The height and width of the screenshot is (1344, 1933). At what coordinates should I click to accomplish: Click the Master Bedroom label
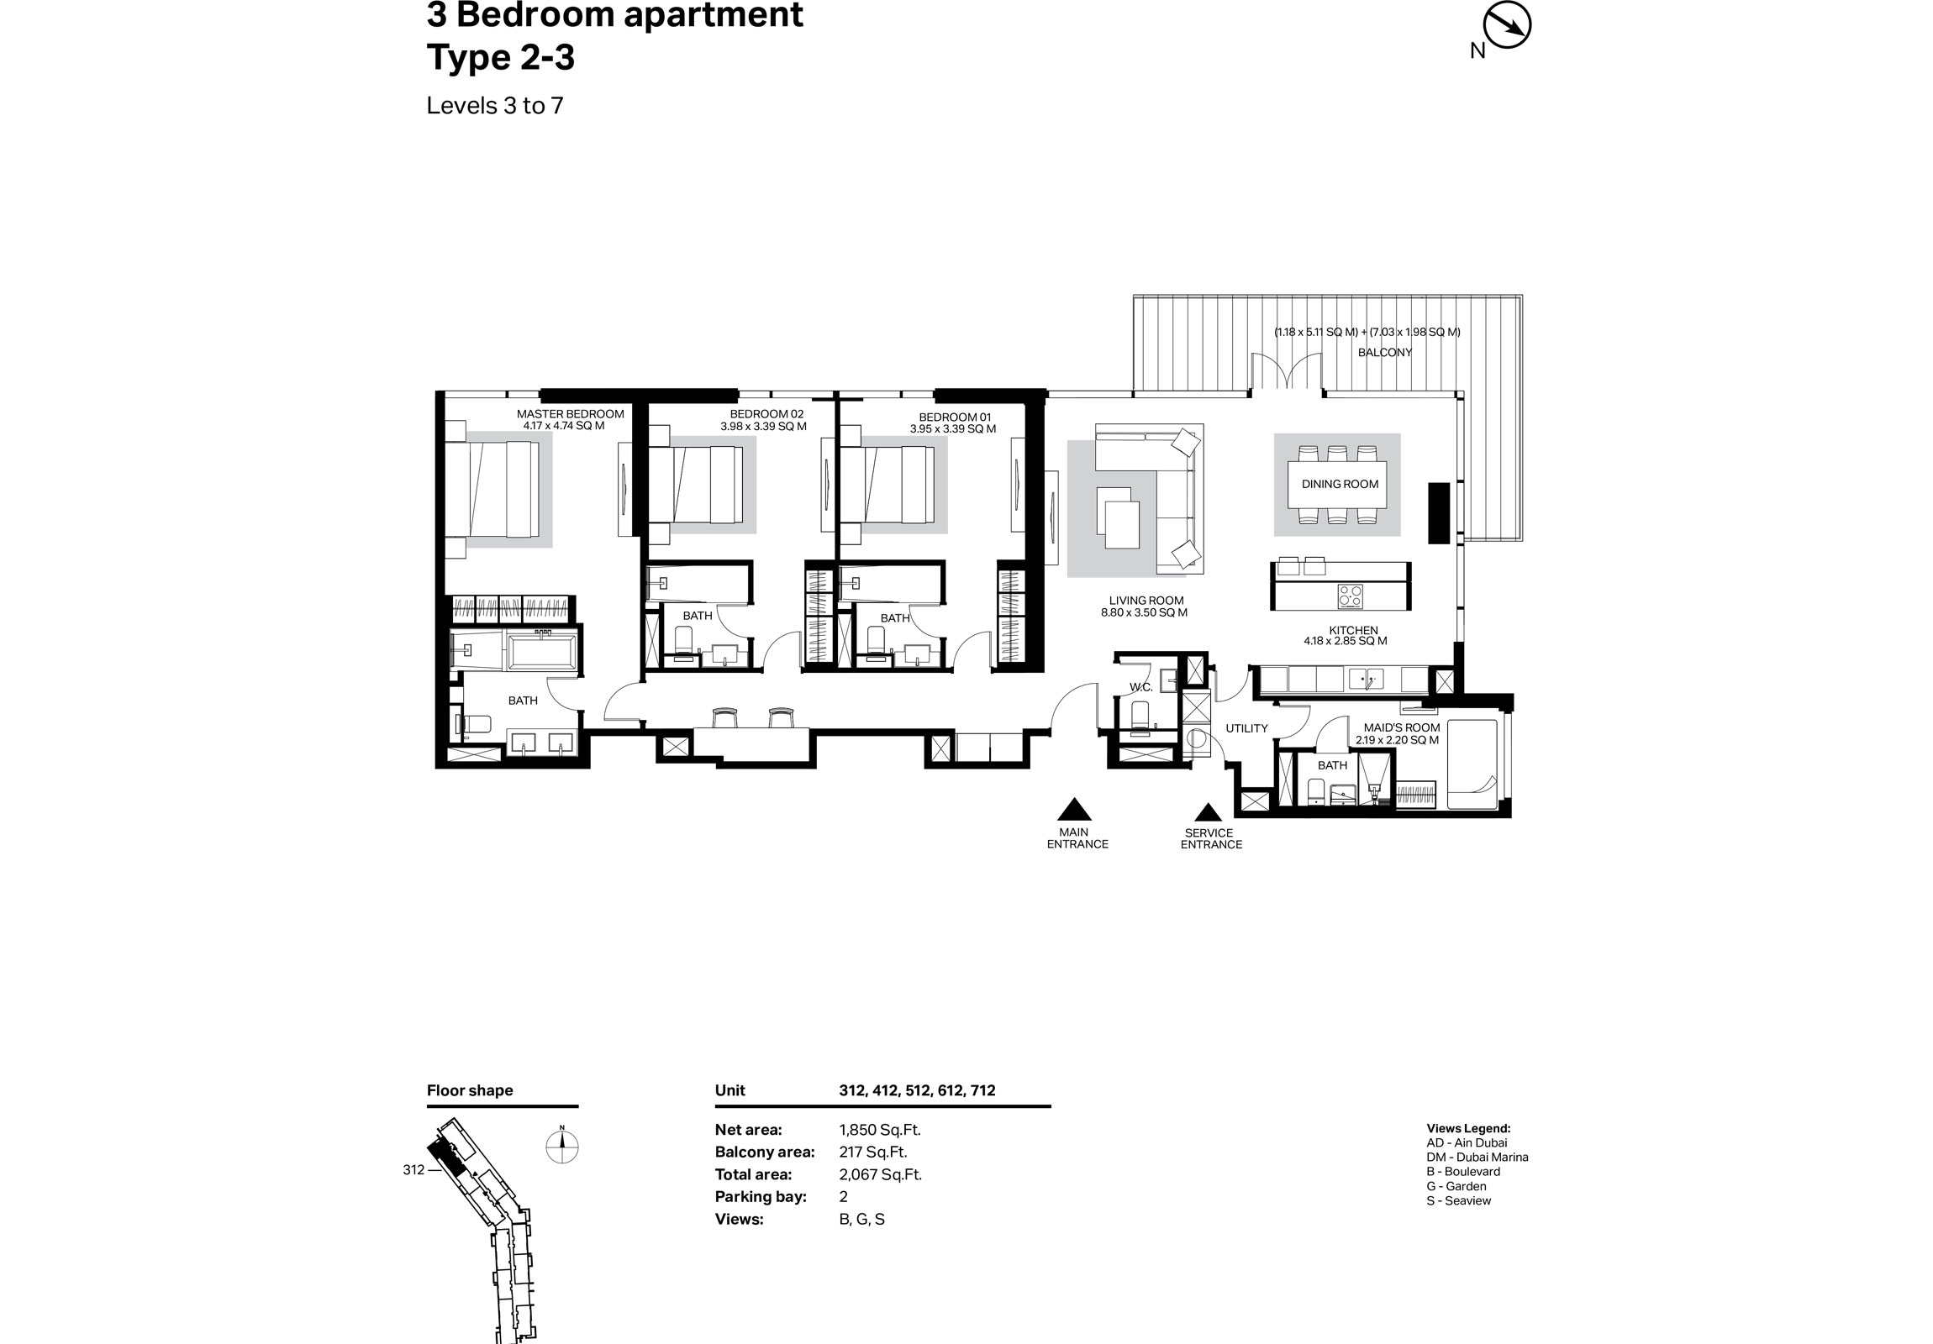pos(570,413)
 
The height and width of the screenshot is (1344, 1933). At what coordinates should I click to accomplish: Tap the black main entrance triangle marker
pos(1073,810)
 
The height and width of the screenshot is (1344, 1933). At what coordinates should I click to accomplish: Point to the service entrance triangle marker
pos(1209,813)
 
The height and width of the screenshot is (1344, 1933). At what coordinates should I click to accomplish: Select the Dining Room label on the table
pos(1340,484)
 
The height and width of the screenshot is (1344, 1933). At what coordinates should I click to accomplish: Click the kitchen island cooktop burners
pos(1351,596)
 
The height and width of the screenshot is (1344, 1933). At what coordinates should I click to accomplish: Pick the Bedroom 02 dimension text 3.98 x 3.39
pos(763,427)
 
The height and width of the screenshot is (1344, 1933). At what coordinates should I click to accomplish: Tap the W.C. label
pos(1140,687)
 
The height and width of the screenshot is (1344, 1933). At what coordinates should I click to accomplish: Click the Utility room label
pos(1246,728)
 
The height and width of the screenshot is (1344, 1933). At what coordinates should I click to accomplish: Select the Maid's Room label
pos(1402,727)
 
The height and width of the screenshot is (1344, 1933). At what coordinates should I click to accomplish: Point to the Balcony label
pos(1385,352)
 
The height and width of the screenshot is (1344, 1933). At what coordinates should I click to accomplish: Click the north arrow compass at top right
pos(1506,25)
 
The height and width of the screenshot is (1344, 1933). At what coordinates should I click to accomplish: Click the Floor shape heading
pos(470,1089)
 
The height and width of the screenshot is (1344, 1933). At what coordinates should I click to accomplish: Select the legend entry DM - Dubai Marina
pos(1477,1158)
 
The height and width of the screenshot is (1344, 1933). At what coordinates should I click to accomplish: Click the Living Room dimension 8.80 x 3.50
pos(1144,612)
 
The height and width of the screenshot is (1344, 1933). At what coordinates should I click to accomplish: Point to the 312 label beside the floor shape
pos(413,1170)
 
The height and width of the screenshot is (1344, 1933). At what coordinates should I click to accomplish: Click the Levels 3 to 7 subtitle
pos(494,105)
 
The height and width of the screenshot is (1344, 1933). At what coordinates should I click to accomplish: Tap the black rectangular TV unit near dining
pos(1439,512)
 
